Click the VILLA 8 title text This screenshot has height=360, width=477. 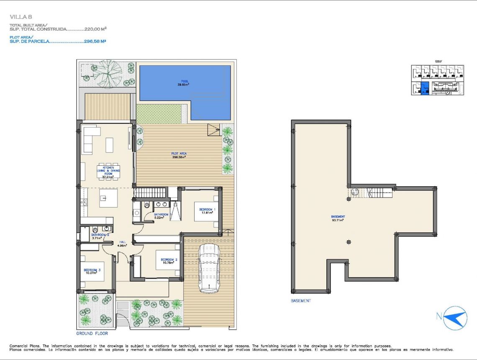[21, 17]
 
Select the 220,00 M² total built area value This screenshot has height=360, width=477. [95, 29]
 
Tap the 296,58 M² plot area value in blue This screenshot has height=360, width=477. [94, 41]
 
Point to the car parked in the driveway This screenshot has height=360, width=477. [209, 268]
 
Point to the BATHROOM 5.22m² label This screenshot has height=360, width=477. [161, 216]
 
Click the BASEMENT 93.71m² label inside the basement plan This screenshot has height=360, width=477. [338, 218]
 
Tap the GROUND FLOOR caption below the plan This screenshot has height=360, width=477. [92, 334]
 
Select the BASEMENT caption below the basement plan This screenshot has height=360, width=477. [300, 301]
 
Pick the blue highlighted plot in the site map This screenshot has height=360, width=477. [425, 88]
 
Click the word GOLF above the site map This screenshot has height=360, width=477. [438, 61]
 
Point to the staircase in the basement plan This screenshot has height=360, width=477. [379, 193]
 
